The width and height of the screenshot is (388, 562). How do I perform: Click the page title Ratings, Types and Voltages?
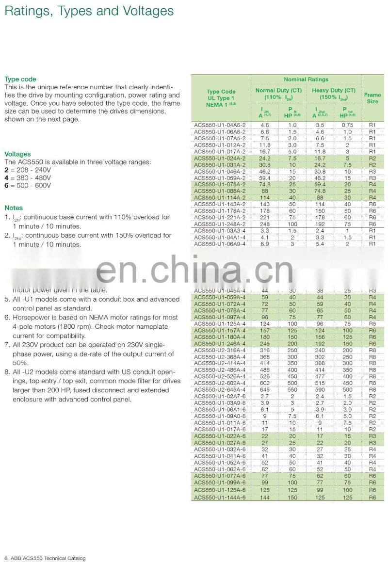89,11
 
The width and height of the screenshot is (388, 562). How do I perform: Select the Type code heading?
20,79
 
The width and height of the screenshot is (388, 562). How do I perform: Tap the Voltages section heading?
17,154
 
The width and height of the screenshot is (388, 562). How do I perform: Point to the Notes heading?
14,208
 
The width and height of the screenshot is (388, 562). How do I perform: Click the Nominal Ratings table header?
306,79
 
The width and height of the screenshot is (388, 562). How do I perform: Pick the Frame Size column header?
372,98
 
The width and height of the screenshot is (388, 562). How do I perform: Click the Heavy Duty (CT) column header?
334,94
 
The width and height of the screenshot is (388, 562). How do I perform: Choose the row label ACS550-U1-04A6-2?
220,125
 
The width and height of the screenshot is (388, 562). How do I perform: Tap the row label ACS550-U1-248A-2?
220,225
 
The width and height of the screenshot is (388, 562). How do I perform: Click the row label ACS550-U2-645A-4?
220,389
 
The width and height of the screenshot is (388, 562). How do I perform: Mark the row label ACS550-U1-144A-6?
220,498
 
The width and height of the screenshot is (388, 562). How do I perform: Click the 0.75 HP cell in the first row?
347,125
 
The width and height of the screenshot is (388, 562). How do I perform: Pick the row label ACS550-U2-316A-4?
220,350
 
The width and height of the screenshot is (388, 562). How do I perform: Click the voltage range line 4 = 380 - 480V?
28,177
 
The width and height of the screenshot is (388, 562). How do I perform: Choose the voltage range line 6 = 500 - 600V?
28,185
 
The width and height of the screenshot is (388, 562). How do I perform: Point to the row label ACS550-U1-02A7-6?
220,396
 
